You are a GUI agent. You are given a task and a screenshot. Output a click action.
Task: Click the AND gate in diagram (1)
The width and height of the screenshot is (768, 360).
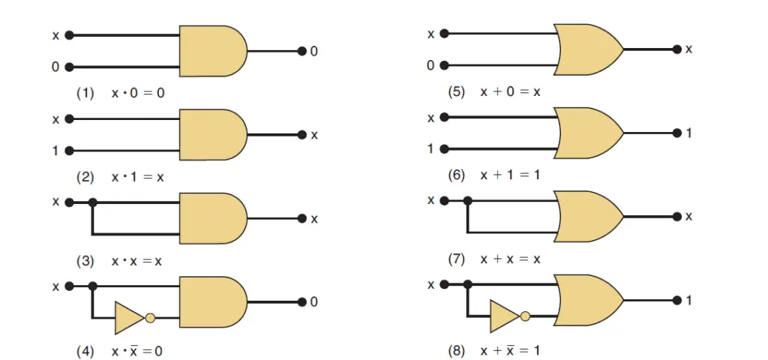pos(213,51)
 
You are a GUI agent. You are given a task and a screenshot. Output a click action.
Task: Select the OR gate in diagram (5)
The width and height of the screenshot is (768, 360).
pos(589,49)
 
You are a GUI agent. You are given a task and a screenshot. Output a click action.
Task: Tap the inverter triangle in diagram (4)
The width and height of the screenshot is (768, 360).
pos(129,318)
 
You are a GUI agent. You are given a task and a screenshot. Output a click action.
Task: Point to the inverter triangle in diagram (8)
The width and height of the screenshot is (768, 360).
pos(505,316)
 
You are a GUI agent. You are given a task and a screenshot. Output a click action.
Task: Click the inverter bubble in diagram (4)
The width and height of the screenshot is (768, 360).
pos(150,318)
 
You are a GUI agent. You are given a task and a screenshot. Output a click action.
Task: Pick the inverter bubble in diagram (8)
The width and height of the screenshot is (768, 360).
pos(526,316)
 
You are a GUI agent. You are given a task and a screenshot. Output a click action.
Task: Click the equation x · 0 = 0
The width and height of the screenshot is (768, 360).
pos(138,93)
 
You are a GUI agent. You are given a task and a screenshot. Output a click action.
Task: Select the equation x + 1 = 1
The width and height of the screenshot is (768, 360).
pos(510,175)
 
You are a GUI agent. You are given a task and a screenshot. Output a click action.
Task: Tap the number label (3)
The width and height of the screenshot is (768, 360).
pos(85,261)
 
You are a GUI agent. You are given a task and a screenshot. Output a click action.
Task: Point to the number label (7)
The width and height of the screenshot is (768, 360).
pos(457,259)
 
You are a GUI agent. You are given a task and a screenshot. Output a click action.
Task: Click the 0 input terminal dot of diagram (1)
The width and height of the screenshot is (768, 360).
pos(69,67)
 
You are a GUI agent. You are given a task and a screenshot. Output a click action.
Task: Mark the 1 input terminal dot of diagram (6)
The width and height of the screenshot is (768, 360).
pos(444,149)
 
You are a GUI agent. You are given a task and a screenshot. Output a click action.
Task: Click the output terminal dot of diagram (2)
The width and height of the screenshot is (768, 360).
pos(302,135)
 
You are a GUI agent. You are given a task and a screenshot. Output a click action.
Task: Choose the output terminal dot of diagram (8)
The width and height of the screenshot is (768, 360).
pos(677,300)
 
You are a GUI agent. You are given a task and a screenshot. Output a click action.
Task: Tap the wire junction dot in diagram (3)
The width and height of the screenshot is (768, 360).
pos(92,202)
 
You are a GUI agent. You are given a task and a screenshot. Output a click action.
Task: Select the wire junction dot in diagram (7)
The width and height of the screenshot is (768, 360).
pos(468,200)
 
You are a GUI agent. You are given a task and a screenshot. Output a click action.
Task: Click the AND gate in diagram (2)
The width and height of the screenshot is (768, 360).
pos(213,135)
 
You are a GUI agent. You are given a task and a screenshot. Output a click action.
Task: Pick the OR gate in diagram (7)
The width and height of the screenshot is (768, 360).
pos(589,217)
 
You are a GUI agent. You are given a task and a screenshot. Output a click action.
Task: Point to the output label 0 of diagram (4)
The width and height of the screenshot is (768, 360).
pos(314,302)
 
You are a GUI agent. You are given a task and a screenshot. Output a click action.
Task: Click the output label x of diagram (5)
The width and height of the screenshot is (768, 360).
pos(688,49)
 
